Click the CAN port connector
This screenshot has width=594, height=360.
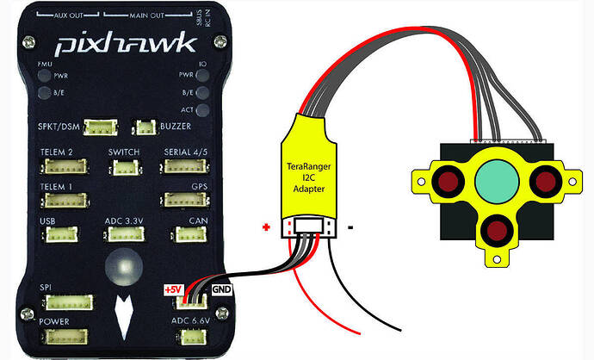(x=187, y=233)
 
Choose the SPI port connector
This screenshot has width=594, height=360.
(x=62, y=301)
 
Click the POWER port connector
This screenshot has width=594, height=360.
(x=62, y=335)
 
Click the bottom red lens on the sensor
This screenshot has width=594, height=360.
(x=493, y=230)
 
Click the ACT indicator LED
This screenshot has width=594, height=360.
(x=202, y=110)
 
